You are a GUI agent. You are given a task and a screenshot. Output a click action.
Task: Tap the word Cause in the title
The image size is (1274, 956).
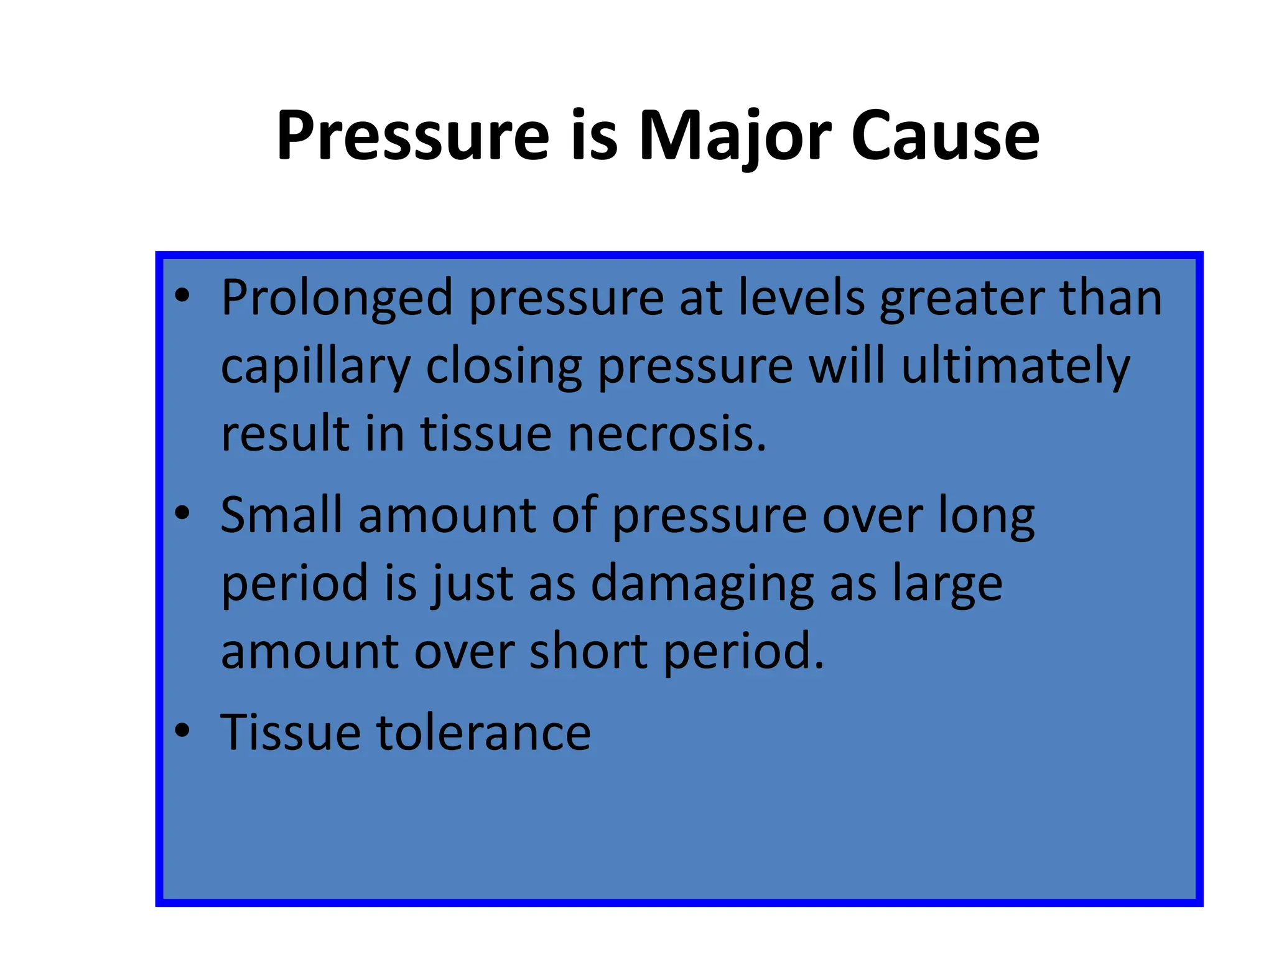tap(945, 136)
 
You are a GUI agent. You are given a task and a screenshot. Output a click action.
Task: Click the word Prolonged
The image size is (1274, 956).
tap(337, 299)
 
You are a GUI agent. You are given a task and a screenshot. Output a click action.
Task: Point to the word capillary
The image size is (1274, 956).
tap(315, 367)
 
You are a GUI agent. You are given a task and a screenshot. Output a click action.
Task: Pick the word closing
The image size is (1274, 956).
tap(503, 367)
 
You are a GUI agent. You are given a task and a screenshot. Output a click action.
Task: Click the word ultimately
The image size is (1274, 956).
tap(1015, 367)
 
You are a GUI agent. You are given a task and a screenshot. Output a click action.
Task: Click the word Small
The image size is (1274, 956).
tap(281, 515)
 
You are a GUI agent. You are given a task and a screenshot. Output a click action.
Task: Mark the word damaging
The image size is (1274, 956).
tap(702, 584)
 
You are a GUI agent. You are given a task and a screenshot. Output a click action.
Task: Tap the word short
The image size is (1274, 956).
tap(588, 651)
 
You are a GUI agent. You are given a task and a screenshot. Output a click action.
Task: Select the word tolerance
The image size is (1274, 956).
tap(483, 733)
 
